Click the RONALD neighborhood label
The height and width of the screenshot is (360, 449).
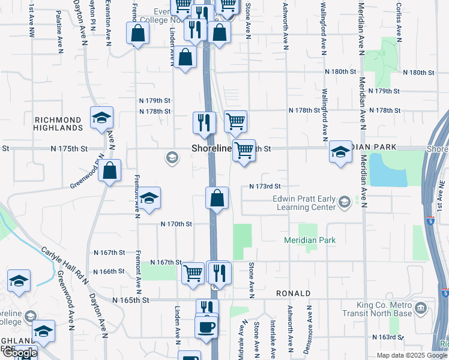293,293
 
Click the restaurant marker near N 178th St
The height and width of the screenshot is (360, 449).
204,123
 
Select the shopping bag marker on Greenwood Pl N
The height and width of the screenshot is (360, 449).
110,171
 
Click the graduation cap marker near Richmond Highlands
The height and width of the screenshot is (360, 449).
101,118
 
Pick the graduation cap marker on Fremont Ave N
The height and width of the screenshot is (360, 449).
148,199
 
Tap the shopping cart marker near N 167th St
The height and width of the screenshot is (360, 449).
193,273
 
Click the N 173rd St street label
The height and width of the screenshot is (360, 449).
265,187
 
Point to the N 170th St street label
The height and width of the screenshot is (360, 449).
175,224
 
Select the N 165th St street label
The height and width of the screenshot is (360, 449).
129,299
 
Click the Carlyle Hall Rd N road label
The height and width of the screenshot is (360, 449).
65,265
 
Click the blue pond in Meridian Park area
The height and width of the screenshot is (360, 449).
389,169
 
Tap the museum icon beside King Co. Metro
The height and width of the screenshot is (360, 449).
421,310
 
